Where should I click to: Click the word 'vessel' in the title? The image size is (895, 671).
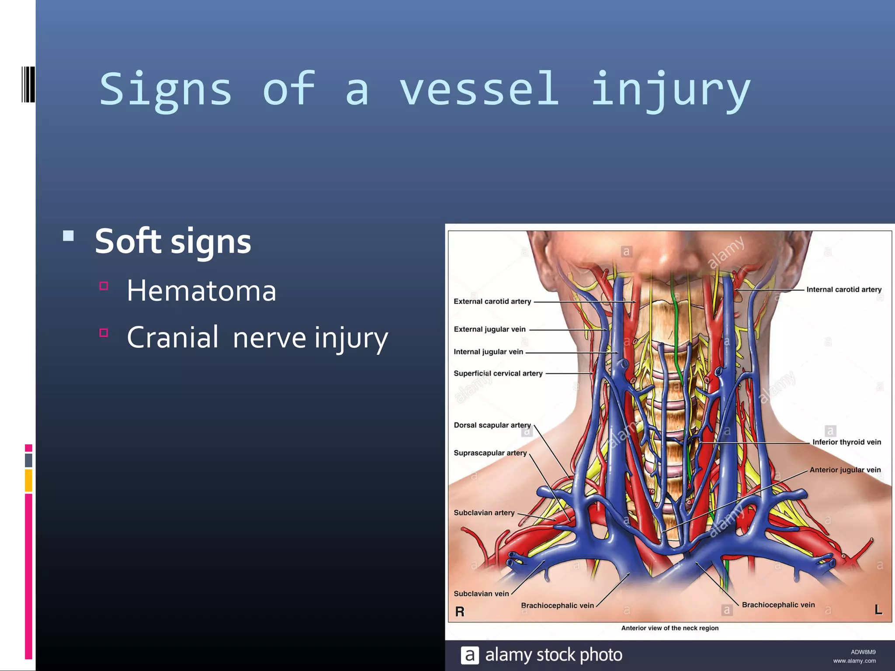[x=479, y=89]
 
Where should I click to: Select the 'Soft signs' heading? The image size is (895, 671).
[x=173, y=241]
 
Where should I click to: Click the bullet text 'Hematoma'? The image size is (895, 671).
[x=201, y=291]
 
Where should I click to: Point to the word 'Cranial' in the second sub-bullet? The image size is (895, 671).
[x=173, y=337]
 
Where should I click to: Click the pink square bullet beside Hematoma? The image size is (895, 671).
[x=104, y=286]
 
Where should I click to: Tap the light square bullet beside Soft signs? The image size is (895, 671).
[x=68, y=236]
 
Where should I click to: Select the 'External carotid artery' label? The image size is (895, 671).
[x=492, y=301]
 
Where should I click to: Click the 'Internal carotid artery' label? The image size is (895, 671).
[x=843, y=290]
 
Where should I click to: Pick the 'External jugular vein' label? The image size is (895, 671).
[x=489, y=329]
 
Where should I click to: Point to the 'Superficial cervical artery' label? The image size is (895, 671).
[x=498, y=374]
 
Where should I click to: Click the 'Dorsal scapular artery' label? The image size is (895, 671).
[x=492, y=425]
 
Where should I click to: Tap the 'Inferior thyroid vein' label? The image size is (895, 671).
[x=846, y=442]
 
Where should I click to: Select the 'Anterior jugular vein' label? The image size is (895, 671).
[x=845, y=470]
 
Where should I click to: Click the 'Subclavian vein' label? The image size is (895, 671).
[x=481, y=594]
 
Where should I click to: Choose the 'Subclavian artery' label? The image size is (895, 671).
[x=484, y=513]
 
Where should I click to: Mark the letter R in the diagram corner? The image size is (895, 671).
[x=460, y=612]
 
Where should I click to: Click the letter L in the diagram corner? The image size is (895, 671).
[x=878, y=610]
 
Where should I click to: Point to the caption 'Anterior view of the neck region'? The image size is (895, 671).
[x=670, y=628]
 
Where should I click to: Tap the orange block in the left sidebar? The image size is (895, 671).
[x=28, y=481]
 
